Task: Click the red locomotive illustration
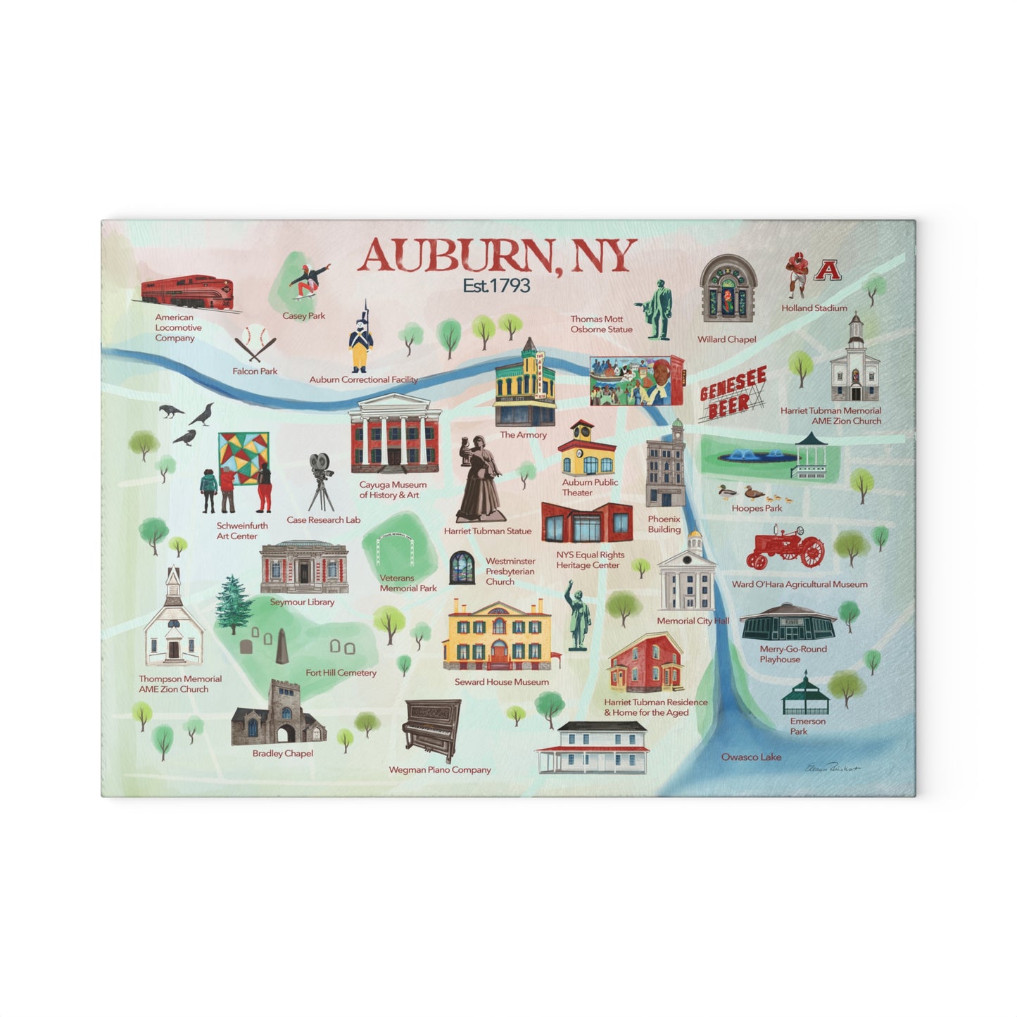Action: pos(187,291)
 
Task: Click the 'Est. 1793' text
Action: pos(496,285)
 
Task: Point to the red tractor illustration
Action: pos(785,550)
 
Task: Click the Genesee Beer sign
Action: pos(733,394)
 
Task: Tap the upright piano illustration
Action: pos(431,729)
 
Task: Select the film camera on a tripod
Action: pos(321,481)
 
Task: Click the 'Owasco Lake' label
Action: pos(751,757)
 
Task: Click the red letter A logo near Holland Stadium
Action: pos(828,270)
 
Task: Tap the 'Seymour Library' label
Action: pos(302,602)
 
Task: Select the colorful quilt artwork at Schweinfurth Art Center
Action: pos(243,457)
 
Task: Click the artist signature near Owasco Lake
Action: pos(833,768)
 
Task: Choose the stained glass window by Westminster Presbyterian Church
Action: pos(461,568)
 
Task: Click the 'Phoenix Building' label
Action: pos(664,524)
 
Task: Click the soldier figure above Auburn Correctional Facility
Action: pos(361,339)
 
